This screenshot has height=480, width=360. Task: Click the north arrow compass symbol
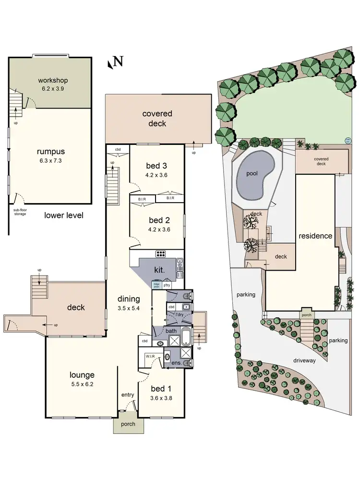click(116, 62)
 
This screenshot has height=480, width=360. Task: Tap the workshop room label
click(53, 80)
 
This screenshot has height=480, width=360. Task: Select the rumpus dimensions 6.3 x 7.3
click(50, 161)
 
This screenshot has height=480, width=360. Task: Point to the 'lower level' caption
click(64, 216)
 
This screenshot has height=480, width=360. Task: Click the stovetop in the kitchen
click(160, 254)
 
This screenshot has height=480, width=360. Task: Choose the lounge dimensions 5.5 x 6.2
click(75, 384)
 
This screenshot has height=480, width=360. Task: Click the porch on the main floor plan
click(128, 424)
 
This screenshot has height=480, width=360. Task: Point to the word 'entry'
click(128, 395)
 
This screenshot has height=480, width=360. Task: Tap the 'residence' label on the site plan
click(315, 236)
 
